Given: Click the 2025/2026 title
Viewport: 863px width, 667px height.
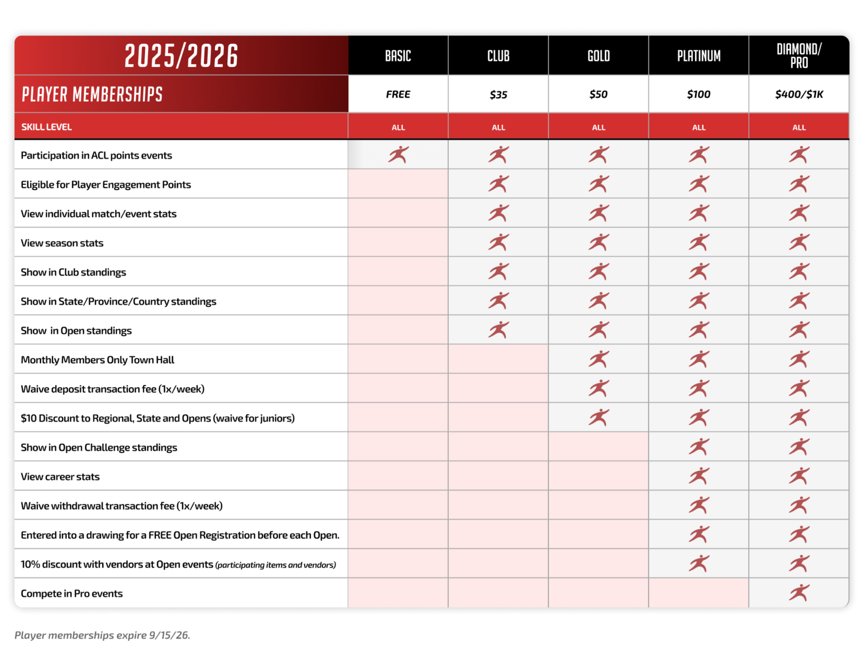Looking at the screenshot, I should click(181, 56).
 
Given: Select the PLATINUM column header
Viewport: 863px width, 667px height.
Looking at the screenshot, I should click(699, 56).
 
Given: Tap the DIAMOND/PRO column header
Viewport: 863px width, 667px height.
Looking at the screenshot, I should click(799, 56).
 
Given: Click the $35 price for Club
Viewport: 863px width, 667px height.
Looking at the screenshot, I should click(498, 94).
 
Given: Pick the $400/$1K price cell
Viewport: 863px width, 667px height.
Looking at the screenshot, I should click(799, 94).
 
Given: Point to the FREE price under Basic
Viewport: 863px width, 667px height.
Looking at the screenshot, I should click(398, 94).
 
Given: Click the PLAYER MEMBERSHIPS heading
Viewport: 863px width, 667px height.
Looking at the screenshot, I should click(92, 94).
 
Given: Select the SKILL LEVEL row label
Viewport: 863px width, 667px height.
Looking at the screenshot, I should click(47, 127).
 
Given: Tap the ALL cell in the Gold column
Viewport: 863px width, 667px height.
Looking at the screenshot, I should click(598, 127).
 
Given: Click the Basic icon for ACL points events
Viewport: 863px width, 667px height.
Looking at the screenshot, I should click(398, 155).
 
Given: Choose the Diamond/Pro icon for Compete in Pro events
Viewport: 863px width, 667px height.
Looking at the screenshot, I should click(799, 593).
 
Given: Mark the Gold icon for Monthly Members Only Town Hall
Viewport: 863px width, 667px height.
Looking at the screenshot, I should click(598, 359).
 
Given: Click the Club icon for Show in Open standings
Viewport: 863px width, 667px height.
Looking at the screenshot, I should click(498, 330).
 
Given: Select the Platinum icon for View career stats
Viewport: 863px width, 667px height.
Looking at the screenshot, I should click(699, 476).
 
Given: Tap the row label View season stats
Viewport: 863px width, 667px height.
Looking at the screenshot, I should click(62, 243).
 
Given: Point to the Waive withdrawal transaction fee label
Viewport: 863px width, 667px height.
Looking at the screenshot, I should click(122, 506).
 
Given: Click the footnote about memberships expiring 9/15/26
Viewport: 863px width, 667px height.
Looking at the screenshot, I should click(102, 635).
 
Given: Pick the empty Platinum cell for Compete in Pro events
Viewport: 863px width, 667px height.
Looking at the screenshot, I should click(699, 593).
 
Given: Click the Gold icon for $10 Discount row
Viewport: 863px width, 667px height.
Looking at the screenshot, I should click(598, 417).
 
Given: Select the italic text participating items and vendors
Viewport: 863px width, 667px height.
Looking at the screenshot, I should click(276, 565).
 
